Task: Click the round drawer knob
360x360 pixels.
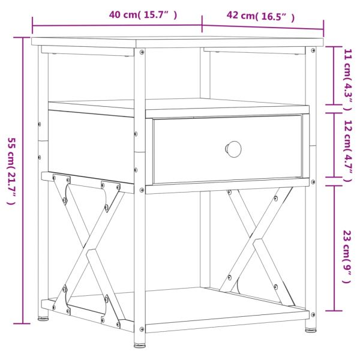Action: point(233,148)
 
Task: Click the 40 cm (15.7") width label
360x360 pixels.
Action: point(143,15)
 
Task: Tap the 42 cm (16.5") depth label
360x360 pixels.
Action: point(261,16)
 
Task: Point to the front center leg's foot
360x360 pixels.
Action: point(139,345)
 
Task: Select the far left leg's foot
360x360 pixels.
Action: point(44,319)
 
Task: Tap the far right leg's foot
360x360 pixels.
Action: point(310,328)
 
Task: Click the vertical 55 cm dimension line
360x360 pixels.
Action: point(25,180)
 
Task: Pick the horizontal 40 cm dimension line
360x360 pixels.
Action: point(117,25)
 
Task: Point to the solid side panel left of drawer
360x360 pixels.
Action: point(90,147)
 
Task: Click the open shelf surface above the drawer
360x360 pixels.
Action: point(180,107)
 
